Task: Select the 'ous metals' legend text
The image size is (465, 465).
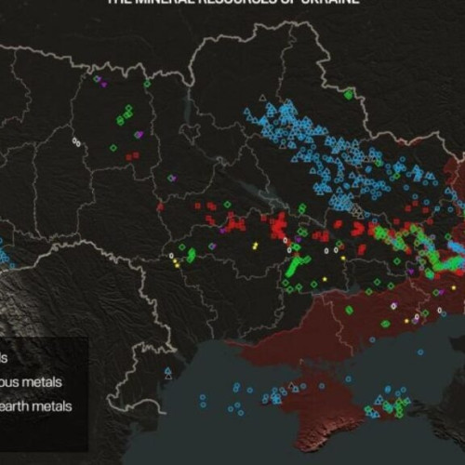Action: (x=32, y=381)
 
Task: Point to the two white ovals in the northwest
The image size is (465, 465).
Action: (x=76, y=141)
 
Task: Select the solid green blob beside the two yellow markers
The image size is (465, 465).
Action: (x=191, y=253)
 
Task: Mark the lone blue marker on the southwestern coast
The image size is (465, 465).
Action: (x=167, y=372)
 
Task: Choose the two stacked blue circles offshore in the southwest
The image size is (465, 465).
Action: (x=203, y=401)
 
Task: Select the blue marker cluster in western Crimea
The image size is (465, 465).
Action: (x=272, y=398)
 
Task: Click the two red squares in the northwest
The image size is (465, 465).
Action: (x=133, y=156)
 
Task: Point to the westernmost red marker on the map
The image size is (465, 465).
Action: (x=159, y=206)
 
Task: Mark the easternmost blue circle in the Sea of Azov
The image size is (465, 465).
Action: (x=421, y=352)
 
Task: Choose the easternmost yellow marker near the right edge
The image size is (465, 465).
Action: (x=454, y=288)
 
